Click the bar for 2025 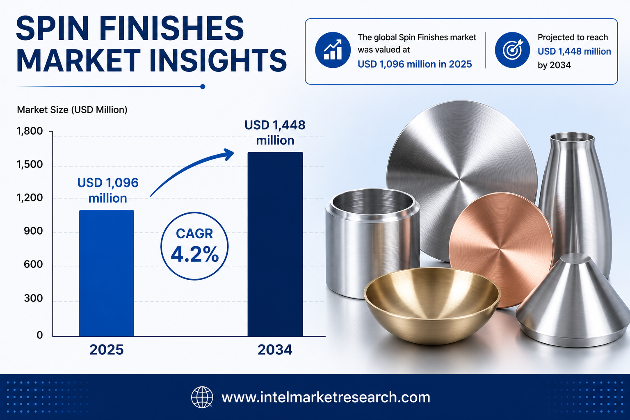click(107, 273)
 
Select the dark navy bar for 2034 click(275, 244)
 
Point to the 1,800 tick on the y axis click(30, 131)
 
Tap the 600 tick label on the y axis click(33, 264)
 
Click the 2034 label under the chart click(275, 350)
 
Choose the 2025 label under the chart click(107, 350)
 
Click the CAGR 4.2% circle click(194, 246)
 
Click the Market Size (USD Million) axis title click(72, 110)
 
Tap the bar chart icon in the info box click(333, 50)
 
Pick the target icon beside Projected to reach click(512, 50)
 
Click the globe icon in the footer click(202, 397)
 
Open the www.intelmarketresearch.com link click(326, 397)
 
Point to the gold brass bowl click(432, 305)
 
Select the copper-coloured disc click(501, 250)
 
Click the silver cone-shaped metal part click(572, 301)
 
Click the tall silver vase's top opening click(572, 137)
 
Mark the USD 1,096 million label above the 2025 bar click(108, 190)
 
